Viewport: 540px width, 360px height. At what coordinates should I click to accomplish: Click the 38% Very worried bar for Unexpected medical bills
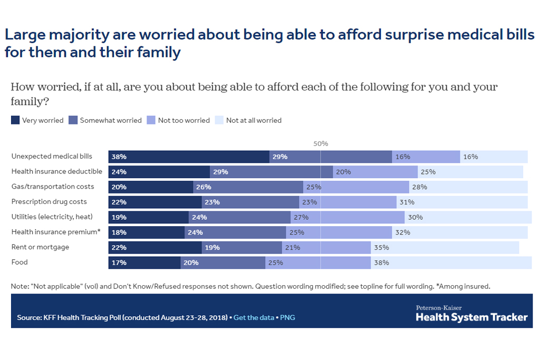point(189,157)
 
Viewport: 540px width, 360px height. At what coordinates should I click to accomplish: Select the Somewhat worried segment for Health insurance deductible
point(271,172)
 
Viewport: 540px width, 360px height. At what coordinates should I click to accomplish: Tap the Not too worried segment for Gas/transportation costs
point(356,187)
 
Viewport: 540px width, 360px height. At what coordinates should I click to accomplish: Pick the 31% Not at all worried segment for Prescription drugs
point(462,202)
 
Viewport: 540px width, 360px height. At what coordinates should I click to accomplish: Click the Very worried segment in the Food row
point(144,262)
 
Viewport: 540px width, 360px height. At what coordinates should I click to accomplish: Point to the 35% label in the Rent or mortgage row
point(381,247)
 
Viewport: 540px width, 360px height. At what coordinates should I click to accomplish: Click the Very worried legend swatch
point(16,120)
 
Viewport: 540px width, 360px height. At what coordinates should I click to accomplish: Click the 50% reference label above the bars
point(321,143)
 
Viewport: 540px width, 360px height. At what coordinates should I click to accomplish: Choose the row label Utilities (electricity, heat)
point(52,217)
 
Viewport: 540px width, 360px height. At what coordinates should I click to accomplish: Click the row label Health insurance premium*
point(55,232)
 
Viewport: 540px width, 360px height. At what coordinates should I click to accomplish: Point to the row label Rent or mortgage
point(40,247)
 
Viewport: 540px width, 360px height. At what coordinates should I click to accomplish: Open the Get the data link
point(254,318)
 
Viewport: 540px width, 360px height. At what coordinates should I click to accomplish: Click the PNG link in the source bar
point(287,318)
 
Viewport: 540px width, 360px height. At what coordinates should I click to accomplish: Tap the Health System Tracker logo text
point(471,317)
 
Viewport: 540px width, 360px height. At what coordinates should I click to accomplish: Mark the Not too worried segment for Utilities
point(348,217)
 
